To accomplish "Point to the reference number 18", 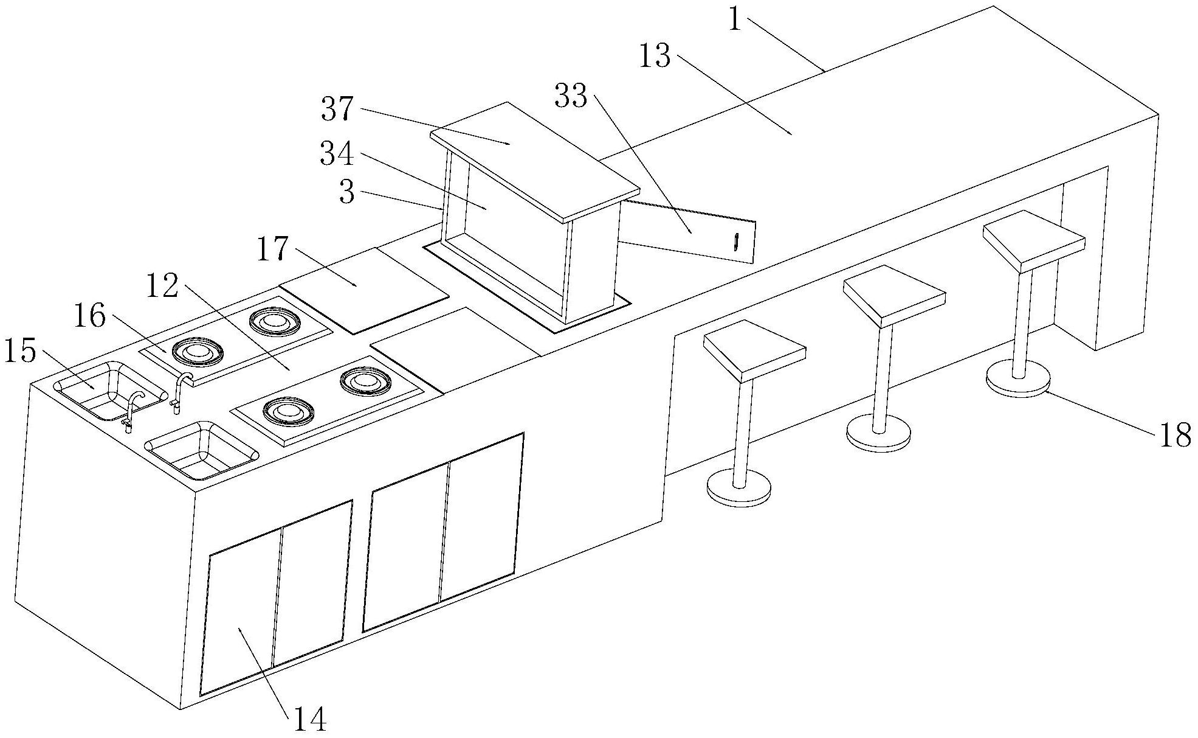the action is tap(1176, 436).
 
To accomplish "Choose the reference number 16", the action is tap(90, 317).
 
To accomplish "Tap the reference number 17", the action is tap(273, 249).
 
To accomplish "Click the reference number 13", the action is tap(655, 57).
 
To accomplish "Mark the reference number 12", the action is tap(162, 284).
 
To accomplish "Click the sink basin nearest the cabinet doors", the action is tap(202, 450).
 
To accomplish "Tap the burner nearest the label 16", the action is tap(198, 352).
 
